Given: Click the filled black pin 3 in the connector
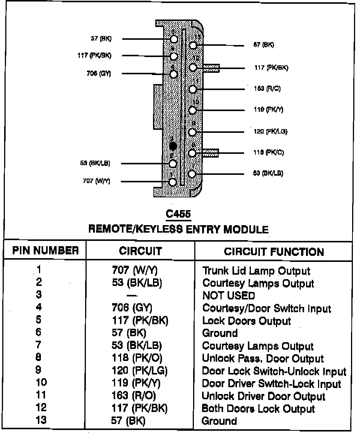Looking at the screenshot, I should point(173,146).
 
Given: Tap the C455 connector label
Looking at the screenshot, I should point(178,214).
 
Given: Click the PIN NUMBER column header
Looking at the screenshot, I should point(46,251).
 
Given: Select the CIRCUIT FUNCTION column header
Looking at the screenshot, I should point(274,251).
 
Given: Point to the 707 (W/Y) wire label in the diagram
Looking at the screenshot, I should point(96,181).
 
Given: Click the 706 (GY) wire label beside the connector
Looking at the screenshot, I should point(98,74).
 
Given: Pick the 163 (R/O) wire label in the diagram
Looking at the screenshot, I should point(267,89).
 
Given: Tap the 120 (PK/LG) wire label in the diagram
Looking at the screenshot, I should point(270,132).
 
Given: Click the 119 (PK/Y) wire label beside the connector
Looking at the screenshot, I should point(268,110).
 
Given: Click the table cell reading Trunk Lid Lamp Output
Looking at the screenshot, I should point(256,271).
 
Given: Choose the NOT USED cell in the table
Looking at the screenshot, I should point(228,296).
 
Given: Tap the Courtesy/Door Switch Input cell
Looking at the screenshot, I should point(267,308).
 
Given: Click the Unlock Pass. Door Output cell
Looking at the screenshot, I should point(262,359).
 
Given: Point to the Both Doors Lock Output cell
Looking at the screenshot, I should point(258,409).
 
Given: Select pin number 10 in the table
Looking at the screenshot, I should point(41,383).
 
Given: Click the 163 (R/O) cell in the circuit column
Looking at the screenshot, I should point(134,395).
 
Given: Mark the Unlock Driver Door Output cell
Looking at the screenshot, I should point(263,396).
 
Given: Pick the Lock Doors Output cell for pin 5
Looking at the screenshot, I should point(246,321).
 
